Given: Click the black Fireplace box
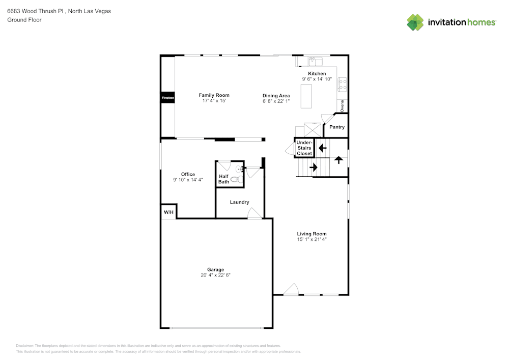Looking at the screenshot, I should (x=168, y=97).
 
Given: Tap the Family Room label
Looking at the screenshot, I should (x=214, y=95).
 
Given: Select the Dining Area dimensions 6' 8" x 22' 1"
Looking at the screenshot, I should (x=276, y=101).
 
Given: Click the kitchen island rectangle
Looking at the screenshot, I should (x=306, y=96).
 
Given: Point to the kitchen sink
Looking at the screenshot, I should (x=315, y=62).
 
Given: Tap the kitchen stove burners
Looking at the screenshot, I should (x=343, y=84).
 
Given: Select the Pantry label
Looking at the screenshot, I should (x=336, y=127).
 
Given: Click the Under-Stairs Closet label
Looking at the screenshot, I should (x=304, y=148).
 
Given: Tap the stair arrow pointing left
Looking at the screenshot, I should (x=322, y=148).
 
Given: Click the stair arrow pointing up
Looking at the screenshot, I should (x=338, y=159).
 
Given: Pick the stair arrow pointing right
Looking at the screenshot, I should (x=313, y=167).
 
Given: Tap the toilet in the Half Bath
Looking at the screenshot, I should (x=236, y=179).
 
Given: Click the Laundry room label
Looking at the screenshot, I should (x=239, y=202).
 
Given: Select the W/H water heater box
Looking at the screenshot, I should (x=168, y=212).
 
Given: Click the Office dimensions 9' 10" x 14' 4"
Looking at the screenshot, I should (x=188, y=180).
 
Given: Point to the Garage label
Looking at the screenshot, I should (x=215, y=270).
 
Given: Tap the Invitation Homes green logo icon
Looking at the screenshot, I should (x=415, y=22).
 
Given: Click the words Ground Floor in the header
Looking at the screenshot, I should (x=24, y=20).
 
